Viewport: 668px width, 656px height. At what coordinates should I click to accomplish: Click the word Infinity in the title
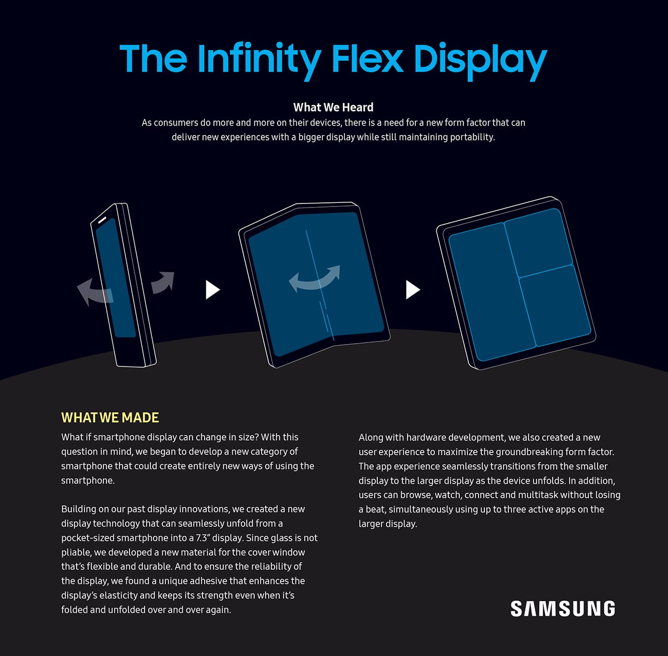[x=259, y=60]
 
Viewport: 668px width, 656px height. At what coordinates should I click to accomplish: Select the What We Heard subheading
[x=333, y=107]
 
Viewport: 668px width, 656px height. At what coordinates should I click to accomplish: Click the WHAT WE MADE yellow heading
[x=110, y=418]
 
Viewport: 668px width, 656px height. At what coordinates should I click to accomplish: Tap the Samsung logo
[x=563, y=609]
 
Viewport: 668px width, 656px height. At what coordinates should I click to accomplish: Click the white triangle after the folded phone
[x=212, y=290]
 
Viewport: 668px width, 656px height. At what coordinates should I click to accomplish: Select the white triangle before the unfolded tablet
[x=413, y=290]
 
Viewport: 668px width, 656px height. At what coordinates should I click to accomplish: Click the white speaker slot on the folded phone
[x=102, y=220]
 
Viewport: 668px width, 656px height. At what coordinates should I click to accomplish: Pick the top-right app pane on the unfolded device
[x=539, y=242]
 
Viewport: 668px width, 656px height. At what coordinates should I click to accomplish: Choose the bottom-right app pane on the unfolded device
[x=555, y=306]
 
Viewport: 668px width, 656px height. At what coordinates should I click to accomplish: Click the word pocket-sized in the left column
[x=87, y=538]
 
